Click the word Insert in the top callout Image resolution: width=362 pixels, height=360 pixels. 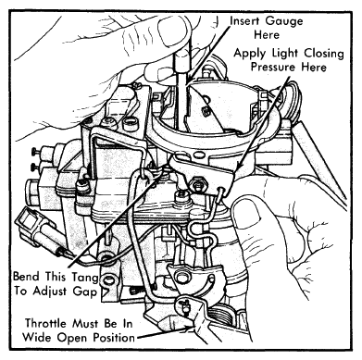pos(245,21)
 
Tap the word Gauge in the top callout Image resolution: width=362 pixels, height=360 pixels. pos(284,21)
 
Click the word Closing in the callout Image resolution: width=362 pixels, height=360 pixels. pos(324,54)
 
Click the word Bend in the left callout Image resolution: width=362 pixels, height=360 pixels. pos(27,277)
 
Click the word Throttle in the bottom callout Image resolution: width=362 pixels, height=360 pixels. pos(45,324)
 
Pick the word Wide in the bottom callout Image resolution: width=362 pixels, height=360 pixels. pos(35,337)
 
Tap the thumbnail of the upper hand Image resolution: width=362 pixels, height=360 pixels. pos(172,30)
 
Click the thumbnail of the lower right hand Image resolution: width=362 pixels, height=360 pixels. pos(246,214)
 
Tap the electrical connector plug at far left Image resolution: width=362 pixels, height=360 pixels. pos(34,228)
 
